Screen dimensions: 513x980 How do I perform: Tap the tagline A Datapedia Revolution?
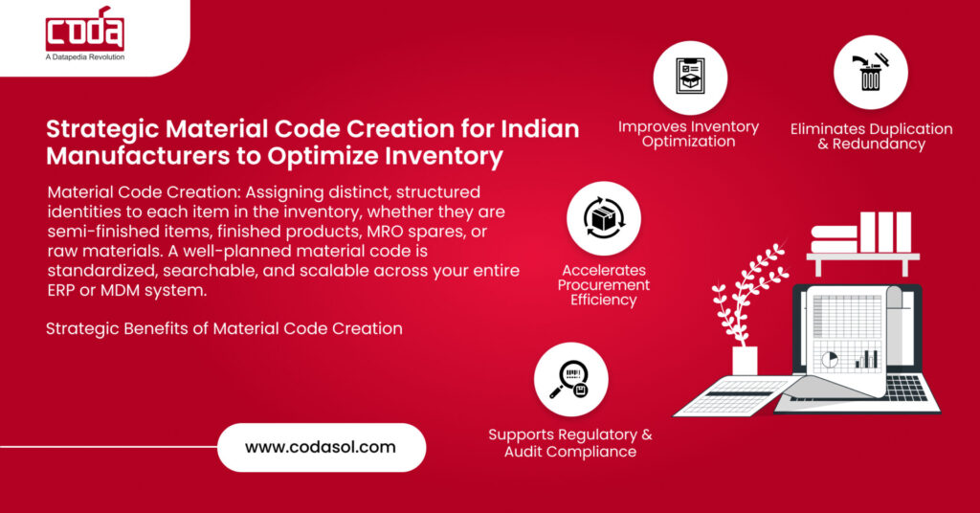(x=84, y=57)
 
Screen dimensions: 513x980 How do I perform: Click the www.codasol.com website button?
(x=321, y=447)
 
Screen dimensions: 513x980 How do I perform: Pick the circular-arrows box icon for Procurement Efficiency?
(x=603, y=218)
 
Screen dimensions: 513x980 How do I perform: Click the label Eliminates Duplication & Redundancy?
(x=871, y=137)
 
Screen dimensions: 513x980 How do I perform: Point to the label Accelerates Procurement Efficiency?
(x=605, y=285)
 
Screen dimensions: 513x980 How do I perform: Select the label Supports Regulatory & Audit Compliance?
(x=570, y=442)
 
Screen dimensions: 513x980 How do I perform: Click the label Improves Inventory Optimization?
(x=688, y=134)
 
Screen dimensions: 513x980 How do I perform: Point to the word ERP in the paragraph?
(x=63, y=290)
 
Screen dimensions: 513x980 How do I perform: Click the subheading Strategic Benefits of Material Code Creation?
(x=224, y=328)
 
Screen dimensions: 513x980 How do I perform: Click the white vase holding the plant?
(x=744, y=361)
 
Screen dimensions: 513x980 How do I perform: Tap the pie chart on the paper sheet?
(x=831, y=358)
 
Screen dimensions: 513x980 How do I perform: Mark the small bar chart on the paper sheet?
(x=866, y=359)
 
